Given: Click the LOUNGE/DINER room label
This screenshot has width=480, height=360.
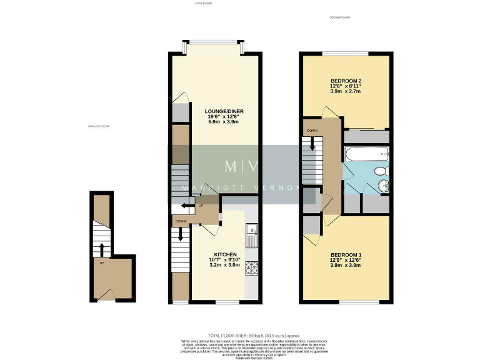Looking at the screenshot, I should tap(215, 111).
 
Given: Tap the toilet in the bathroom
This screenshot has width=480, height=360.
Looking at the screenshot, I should tap(381, 171).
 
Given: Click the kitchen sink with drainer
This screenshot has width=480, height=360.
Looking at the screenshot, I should tap(251, 236).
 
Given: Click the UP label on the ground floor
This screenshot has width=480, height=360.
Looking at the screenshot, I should tap(101, 262).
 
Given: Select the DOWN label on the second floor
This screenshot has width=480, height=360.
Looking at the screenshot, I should tap(312, 131).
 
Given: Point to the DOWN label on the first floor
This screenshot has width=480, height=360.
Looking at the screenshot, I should tap(180, 221).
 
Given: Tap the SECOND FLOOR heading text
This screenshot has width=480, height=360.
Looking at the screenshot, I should tap(340, 17).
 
